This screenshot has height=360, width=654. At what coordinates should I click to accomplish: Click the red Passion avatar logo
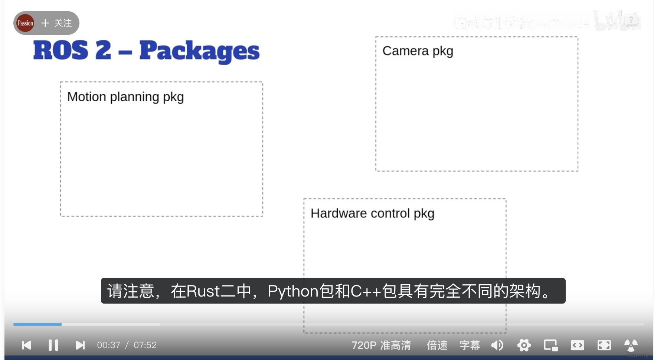click(25, 23)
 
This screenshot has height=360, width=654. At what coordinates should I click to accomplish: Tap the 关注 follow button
click(57, 23)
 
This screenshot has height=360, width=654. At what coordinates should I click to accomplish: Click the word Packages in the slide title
click(199, 51)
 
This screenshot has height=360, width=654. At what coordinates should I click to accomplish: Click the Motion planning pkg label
click(125, 97)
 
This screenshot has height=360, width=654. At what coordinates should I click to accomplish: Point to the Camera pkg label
click(418, 51)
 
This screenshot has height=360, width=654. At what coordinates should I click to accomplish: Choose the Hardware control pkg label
click(372, 213)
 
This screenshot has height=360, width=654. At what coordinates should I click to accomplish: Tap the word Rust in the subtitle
click(203, 291)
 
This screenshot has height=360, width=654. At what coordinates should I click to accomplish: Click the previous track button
click(27, 345)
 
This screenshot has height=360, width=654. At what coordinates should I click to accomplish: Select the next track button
click(80, 345)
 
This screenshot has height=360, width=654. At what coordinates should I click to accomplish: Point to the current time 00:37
click(108, 345)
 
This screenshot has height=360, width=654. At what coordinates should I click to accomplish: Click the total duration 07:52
click(145, 345)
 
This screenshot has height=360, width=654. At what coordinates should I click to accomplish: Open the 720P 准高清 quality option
click(381, 345)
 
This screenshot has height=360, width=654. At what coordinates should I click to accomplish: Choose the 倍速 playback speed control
click(437, 345)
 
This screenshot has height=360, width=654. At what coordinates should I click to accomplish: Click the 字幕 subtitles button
click(470, 345)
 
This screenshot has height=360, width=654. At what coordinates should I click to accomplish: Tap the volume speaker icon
click(497, 345)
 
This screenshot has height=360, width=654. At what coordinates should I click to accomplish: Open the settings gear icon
click(524, 345)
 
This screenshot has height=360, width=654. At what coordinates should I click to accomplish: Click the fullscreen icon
click(604, 345)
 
